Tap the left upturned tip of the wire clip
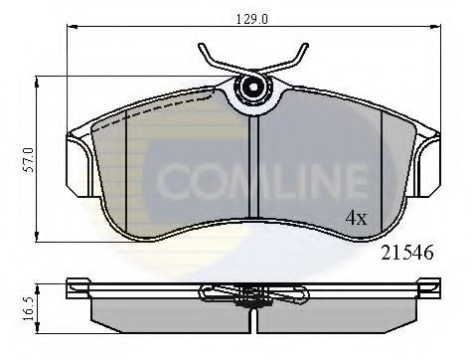click(x=203, y=47)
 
